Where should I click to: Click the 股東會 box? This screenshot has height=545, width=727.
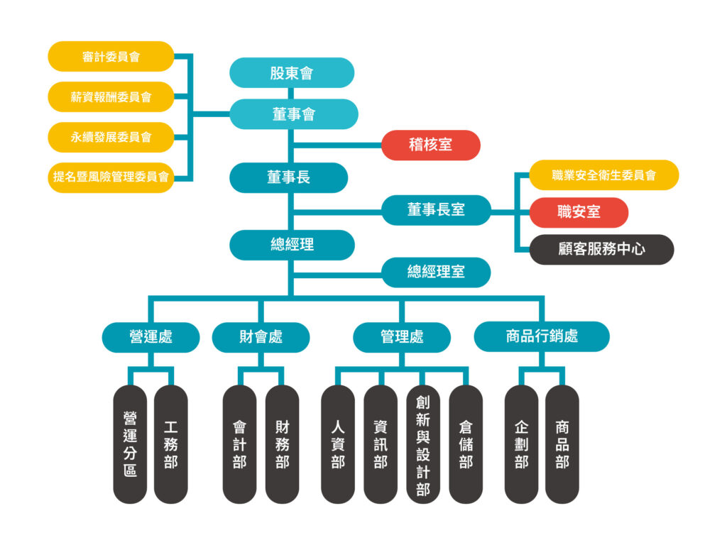(x=292, y=72)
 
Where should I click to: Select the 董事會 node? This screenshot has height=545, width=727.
(x=293, y=114)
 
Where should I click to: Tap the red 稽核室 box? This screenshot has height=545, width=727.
(x=430, y=145)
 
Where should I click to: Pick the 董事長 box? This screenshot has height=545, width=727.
(x=288, y=177)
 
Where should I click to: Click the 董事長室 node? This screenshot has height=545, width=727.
(x=436, y=210)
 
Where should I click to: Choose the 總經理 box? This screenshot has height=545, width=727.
(x=292, y=245)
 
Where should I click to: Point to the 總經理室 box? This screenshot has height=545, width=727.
(x=436, y=272)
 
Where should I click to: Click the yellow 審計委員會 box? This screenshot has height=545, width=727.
(x=111, y=57)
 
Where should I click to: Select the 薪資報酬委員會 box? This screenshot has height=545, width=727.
(x=111, y=97)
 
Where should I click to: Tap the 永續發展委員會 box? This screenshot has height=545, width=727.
(x=111, y=137)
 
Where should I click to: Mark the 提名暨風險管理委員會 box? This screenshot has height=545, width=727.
(x=111, y=177)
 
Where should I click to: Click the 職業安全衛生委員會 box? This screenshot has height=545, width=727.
(x=603, y=175)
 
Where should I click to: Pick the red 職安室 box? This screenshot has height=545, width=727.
(x=579, y=212)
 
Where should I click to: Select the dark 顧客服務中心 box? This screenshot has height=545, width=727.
(x=601, y=249)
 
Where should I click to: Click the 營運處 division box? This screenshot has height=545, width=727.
(x=151, y=336)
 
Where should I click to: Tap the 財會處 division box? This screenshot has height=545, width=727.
(x=261, y=336)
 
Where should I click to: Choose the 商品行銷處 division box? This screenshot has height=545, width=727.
(x=541, y=336)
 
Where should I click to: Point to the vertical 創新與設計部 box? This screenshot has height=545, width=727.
(x=423, y=444)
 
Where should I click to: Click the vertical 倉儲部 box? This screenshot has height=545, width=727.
(x=466, y=444)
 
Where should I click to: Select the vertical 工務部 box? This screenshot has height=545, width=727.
(x=170, y=444)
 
